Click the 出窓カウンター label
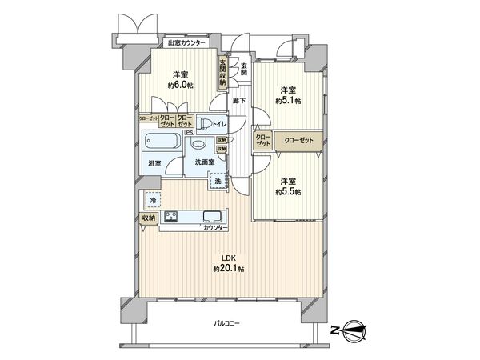click(190, 42)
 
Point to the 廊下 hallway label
click(238, 100)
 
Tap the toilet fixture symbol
click(205, 122)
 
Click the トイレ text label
click(220, 125)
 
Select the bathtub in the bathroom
click(162, 145)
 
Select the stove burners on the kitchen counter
click(170, 217)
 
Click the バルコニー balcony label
click(228, 323)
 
